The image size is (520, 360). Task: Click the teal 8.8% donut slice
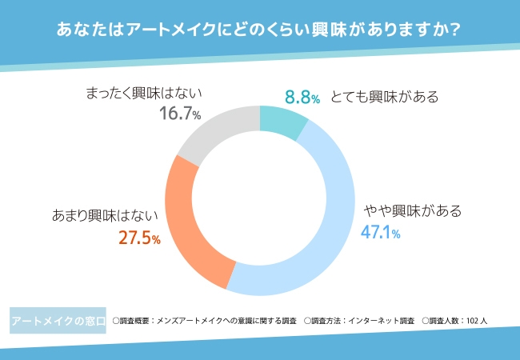coord(282,120)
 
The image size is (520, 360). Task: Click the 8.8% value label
coord(302,98)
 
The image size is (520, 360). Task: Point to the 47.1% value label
coord(380,233)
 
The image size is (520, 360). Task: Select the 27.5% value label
coord(139,238)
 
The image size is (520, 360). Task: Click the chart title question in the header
coord(259,30)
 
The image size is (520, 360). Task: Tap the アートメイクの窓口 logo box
coord(58,321)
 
